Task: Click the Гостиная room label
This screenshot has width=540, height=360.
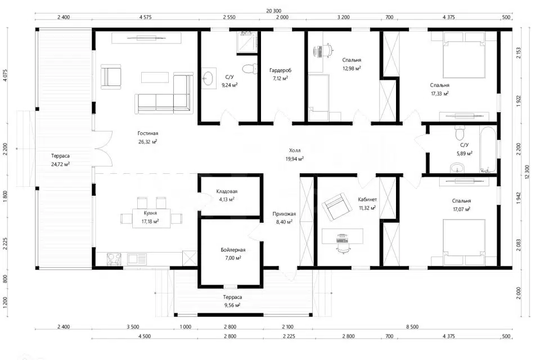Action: point(148,133)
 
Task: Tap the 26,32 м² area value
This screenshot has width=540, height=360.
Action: point(148,142)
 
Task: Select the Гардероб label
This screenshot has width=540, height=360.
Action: point(280,70)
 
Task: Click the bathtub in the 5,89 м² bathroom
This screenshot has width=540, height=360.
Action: point(488,150)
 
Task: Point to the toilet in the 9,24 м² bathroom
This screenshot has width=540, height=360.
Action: point(249,69)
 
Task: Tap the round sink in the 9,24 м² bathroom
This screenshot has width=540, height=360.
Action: point(208,78)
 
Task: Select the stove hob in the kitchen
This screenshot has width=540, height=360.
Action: point(114,259)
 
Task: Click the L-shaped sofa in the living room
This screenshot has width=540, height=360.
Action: point(164,93)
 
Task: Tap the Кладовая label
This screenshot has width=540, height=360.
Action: point(227,191)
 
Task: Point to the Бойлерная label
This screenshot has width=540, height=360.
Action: point(233,250)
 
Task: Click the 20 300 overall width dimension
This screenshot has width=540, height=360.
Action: point(274,11)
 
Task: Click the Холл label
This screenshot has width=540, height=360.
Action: point(295,151)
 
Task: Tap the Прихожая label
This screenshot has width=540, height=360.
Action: point(284,214)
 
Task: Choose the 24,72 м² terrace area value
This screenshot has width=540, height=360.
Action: point(60,164)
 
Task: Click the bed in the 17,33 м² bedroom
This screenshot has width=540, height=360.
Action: point(464,55)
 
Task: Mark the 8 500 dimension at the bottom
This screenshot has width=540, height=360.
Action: point(412,327)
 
